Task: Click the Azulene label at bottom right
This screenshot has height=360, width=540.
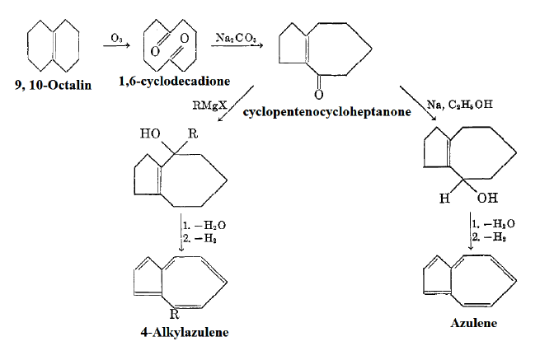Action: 473,324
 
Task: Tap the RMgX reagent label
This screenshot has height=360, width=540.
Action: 207,105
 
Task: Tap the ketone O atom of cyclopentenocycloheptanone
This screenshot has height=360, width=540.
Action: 317,93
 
